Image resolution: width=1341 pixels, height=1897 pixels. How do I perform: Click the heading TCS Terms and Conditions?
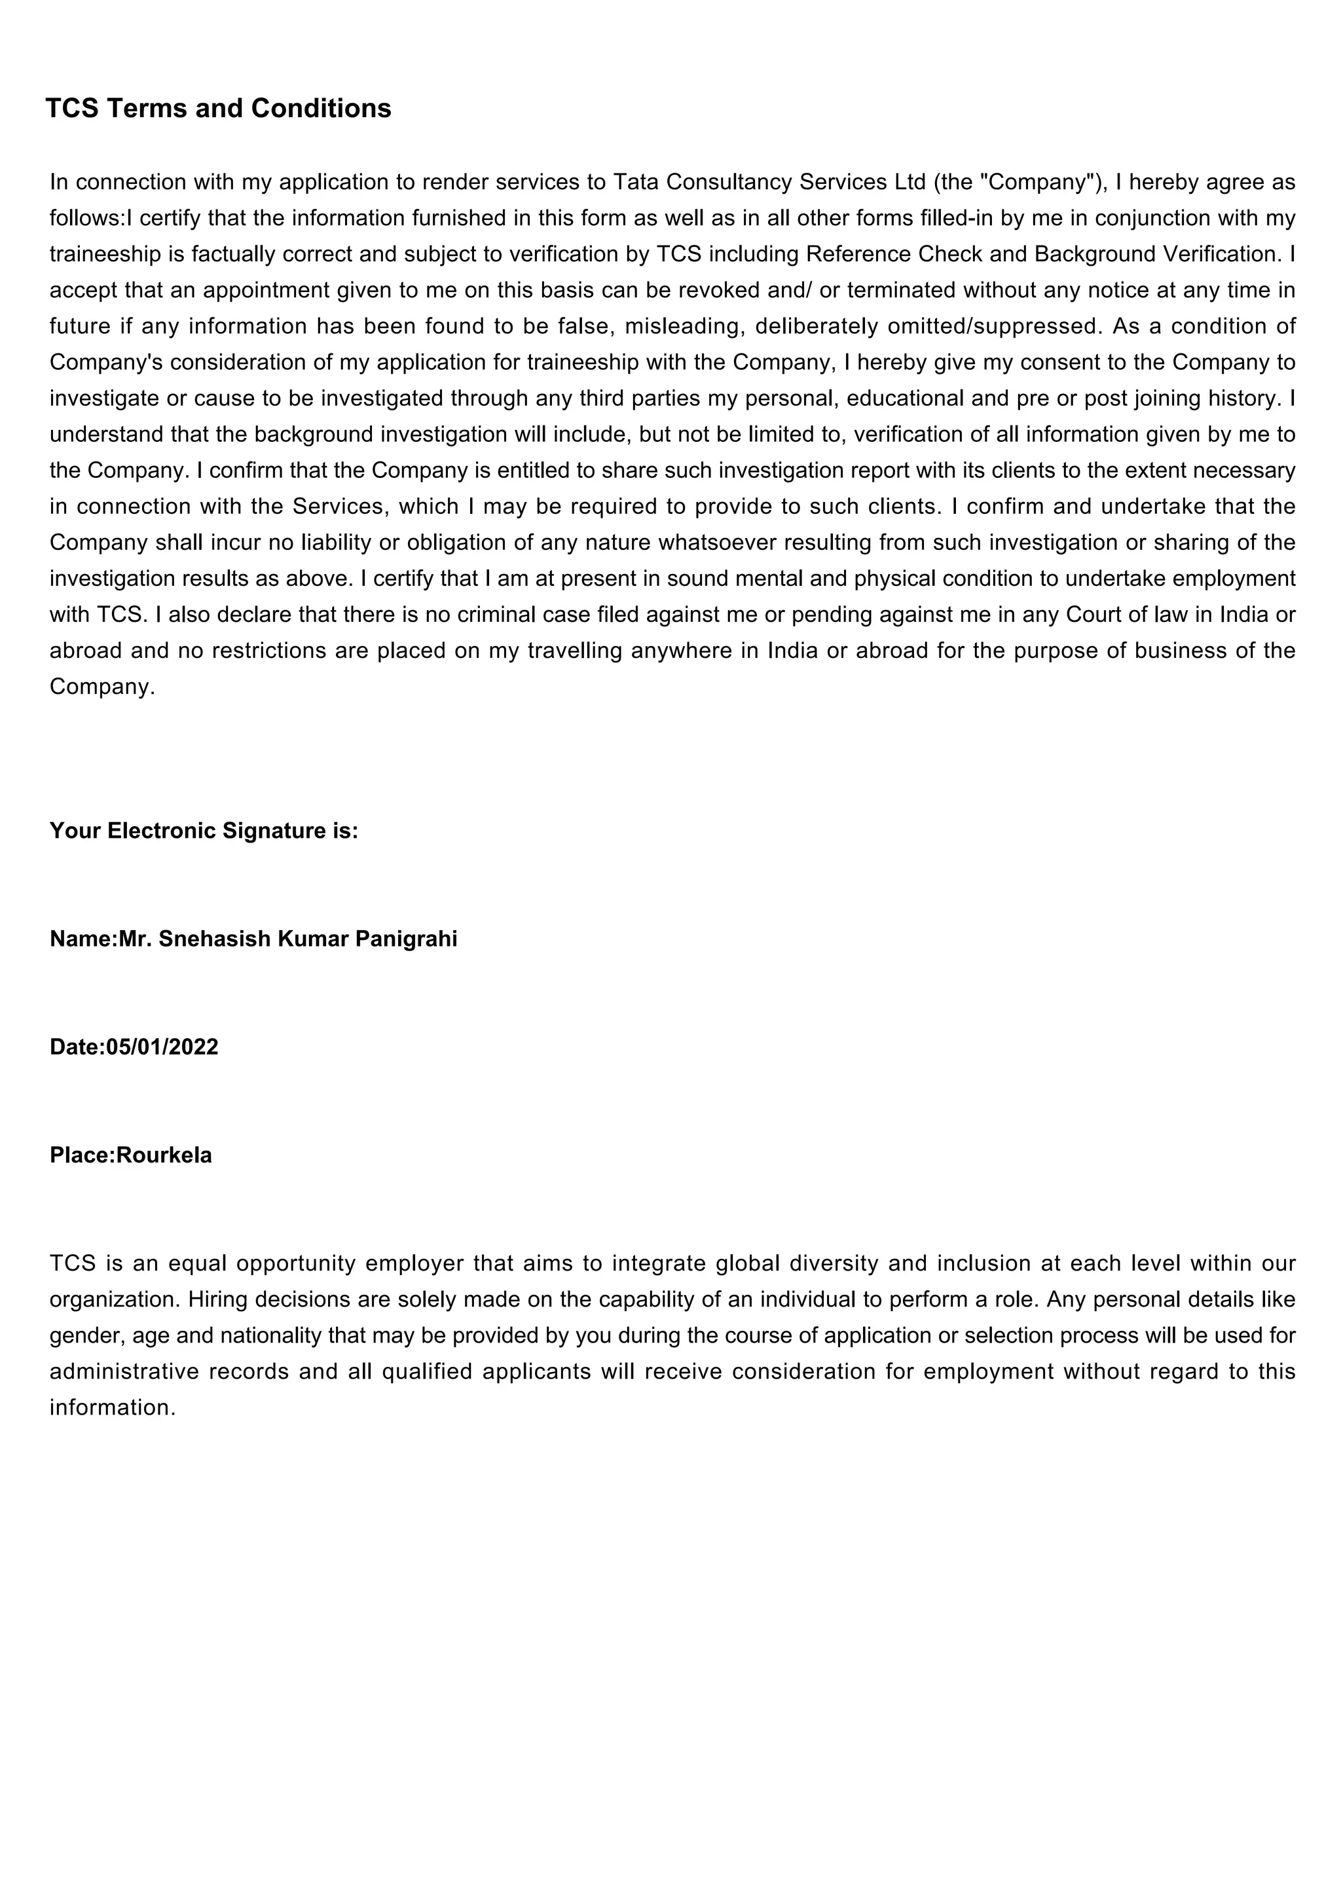coord(218,108)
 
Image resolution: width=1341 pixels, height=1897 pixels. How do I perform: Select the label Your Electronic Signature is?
coord(204,831)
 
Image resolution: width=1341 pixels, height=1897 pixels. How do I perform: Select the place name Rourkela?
coord(164,1155)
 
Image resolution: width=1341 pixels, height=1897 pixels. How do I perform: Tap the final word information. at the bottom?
coord(113,1408)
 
